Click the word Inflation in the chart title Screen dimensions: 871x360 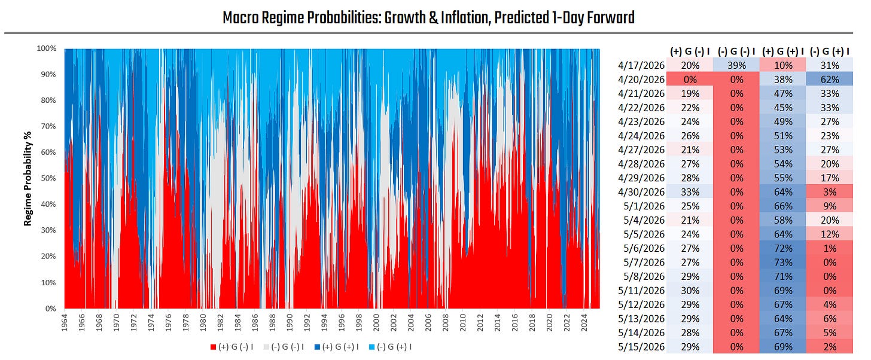(x=460, y=18)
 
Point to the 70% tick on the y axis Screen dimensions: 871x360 (x=48, y=126)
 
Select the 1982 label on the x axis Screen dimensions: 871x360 (x=220, y=323)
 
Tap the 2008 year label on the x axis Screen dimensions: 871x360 (x=445, y=323)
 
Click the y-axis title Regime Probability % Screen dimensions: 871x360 (x=28, y=178)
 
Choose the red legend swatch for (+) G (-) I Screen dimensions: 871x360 (x=213, y=347)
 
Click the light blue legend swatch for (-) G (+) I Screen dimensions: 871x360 (x=371, y=347)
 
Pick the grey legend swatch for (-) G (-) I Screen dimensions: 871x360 (x=266, y=347)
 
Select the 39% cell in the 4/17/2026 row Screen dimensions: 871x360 (x=736, y=65)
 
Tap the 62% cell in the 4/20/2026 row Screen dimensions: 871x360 (x=830, y=80)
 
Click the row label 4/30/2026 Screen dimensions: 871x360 (x=641, y=192)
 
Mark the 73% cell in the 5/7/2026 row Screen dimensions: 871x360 (x=783, y=263)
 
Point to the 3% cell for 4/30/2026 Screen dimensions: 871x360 (x=830, y=192)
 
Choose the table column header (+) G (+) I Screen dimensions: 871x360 (x=783, y=51)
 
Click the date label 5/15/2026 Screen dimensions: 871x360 (x=641, y=347)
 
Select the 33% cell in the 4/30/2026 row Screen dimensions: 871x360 (x=690, y=192)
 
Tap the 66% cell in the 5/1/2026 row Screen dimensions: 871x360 (x=783, y=206)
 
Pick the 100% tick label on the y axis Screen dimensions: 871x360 (x=47, y=48)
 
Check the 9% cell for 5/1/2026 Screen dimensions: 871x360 (x=830, y=206)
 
